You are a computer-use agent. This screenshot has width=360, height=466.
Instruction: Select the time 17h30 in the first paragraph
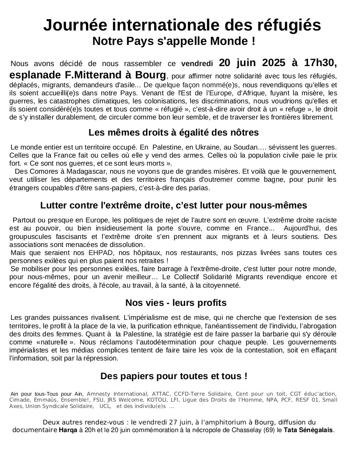(320, 63)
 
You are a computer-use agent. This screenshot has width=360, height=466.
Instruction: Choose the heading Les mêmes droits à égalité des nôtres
(174, 133)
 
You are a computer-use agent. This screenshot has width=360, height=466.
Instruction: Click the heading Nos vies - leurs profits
(176, 303)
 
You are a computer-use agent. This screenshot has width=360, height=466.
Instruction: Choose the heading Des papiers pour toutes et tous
(174, 376)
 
